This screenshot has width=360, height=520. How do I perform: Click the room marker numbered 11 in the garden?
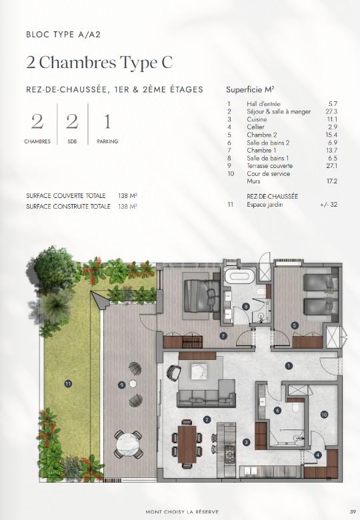tap(68, 384)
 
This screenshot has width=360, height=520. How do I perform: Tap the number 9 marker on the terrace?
tap(122, 385)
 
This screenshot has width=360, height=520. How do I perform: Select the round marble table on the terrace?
tap(129, 445)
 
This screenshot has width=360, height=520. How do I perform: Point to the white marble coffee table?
tap(199, 371)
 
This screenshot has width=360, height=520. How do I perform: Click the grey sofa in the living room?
tap(206, 393)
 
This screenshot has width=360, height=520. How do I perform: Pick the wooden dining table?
tap(187, 444)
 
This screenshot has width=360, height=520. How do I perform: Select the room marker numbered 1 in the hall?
tap(289, 366)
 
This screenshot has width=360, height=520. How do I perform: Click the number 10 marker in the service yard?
tap(324, 414)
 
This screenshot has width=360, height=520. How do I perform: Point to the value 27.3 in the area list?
tap(331, 112)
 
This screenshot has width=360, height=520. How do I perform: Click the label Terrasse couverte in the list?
tap(269, 166)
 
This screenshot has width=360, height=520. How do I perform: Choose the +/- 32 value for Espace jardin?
tap(329, 204)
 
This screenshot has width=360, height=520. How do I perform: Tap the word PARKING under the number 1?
tap(107, 141)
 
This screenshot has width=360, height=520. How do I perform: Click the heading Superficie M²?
tap(250, 89)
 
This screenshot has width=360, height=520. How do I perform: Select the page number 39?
tap(353, 512)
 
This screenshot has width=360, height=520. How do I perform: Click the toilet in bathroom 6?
tap(296, 407)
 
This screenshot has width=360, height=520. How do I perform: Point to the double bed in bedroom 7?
tap(201, 296)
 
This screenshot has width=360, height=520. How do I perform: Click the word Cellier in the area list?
tap(255, 127)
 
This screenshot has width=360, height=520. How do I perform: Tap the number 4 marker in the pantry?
tap(318, 455)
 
